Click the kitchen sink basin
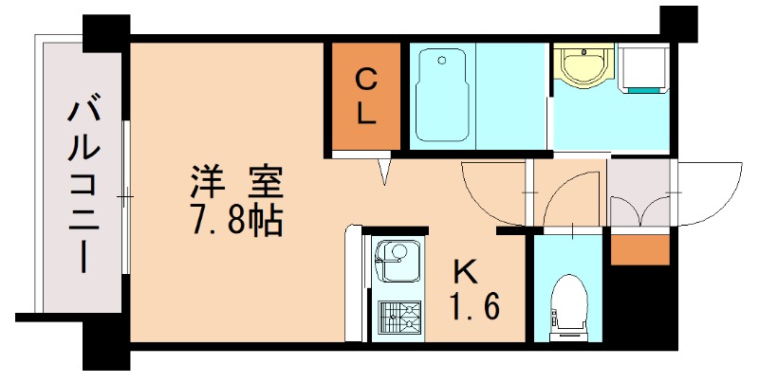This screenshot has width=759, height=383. click(x=396, y=258)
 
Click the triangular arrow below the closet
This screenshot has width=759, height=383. click(x=384, y=172)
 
